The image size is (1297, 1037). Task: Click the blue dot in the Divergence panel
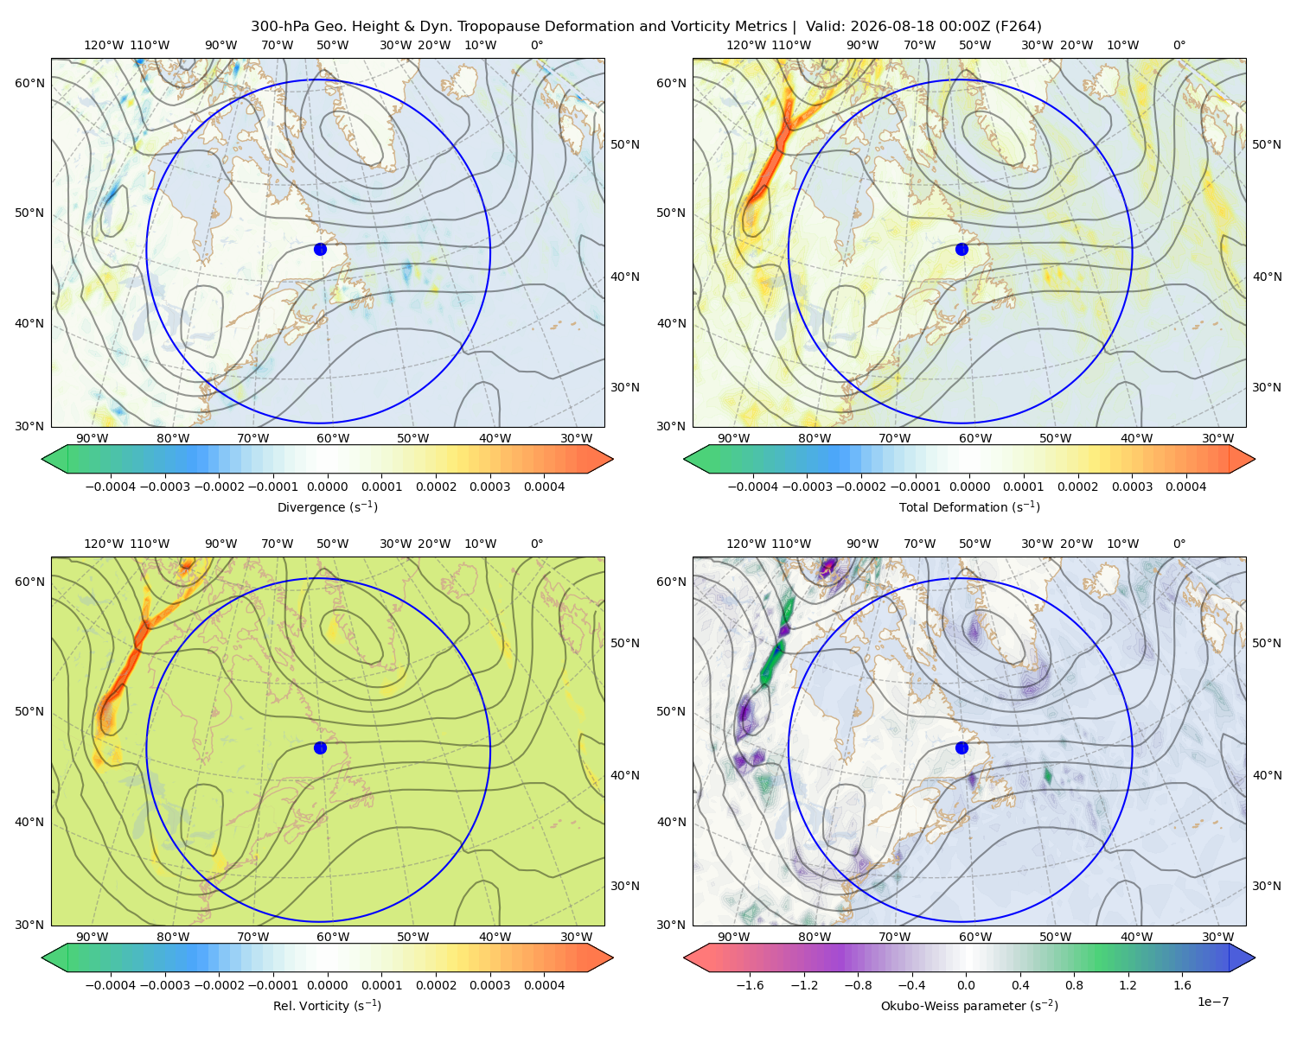(320, 250)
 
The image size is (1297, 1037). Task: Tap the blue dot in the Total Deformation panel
(962, 250)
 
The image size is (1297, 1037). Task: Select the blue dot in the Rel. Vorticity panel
(320, 748)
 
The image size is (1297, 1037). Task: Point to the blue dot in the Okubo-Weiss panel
(962, 748)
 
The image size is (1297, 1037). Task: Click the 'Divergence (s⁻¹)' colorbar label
(327, 506)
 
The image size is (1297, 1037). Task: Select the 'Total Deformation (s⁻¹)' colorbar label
(969, 506)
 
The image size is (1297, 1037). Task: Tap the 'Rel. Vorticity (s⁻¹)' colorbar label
(327, 1005)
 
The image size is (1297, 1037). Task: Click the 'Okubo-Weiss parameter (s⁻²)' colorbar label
(969, 1005)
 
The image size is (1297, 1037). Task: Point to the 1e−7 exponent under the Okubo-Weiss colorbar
(1212, 1002)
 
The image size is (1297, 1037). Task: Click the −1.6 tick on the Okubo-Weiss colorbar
(751, 985)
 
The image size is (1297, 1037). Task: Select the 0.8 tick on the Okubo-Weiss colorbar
(1074, 985)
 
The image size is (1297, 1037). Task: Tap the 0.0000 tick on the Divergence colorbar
(327, 487)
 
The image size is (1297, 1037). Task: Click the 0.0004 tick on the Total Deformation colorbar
(1185, 487)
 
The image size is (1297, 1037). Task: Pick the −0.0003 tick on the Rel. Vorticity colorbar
(164, 985)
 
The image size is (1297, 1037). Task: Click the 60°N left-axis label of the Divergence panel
(29, 83)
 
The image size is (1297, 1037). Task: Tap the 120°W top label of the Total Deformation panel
(746, 45)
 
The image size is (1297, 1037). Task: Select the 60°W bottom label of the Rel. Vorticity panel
(333, 937)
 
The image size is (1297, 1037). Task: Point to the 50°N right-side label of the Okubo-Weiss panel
(1267, 643)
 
